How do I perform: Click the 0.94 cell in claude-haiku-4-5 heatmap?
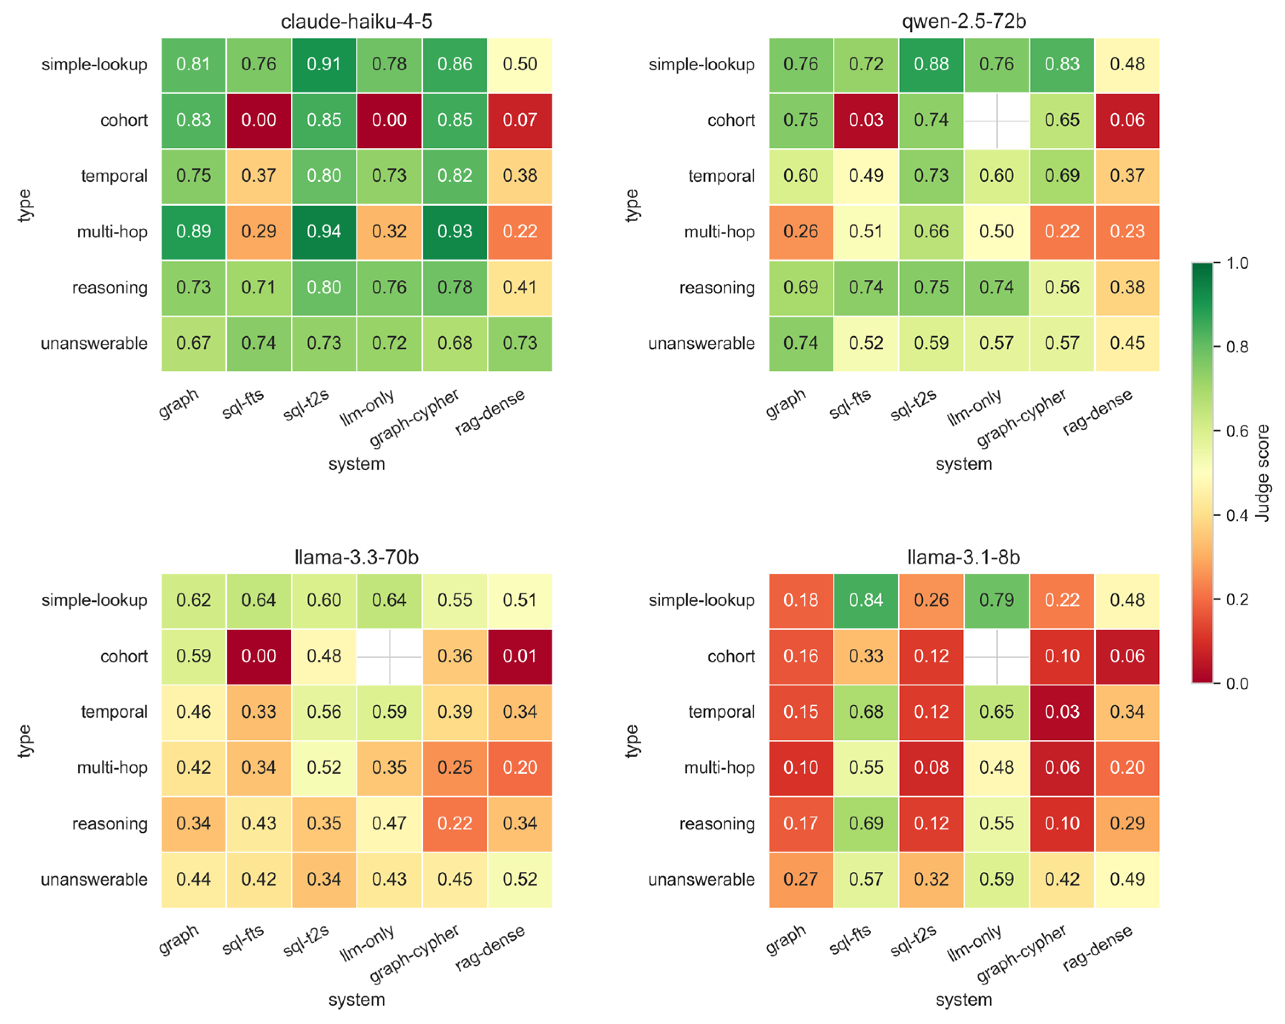click(x=324, y=232)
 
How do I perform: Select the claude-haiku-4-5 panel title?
click(x=356, y=21)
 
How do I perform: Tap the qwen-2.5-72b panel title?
click(x=964, y=21)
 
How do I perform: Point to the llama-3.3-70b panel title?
click(x=356, y=557)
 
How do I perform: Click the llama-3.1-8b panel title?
click(x=964, y=557)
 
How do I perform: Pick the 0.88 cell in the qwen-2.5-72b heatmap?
click(x=931, y=64)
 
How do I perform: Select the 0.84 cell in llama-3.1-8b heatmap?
click(x=866, y=600)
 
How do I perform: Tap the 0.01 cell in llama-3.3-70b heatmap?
click(x=520, y=656)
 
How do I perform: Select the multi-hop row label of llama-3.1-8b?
click(x=719, y=768)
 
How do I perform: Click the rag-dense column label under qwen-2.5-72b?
click(x=1097, y=412)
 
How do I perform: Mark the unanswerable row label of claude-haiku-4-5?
click(x=94, y=343)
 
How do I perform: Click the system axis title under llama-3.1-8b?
click(x=964, y=1000)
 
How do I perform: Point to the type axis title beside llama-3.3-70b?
click(x=24, y=741)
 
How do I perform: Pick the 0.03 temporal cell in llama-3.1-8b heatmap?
click(x=1062, y=712)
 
